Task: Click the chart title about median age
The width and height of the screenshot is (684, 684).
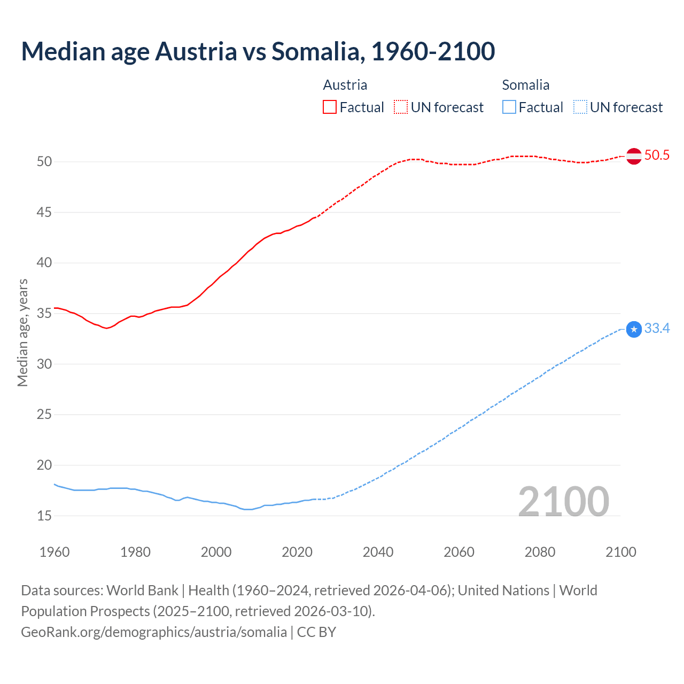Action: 258,51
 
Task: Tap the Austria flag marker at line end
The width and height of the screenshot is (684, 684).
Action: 634,156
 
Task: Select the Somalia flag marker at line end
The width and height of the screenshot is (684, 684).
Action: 634,329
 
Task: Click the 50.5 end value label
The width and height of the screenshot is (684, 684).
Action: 657,156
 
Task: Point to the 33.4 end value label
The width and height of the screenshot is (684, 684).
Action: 657,329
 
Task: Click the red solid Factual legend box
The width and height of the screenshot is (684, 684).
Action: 330,107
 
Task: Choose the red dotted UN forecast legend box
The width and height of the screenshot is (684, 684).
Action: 401,107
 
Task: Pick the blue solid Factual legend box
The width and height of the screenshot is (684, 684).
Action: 509,107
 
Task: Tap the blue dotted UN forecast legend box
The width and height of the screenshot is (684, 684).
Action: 580,107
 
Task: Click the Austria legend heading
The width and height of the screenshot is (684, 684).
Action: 345,85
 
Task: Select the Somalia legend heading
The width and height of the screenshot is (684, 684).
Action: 525,85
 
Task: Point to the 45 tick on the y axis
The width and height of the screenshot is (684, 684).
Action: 44,213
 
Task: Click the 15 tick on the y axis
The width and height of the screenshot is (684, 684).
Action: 44,516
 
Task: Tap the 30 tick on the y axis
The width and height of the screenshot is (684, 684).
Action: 44,364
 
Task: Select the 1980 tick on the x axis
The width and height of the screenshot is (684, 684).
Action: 135,552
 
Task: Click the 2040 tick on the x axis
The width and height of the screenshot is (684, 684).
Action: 378,552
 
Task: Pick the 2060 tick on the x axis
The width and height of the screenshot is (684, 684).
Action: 459,552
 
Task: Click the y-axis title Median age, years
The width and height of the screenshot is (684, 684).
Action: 22,332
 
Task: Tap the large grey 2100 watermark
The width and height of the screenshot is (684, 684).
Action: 564,501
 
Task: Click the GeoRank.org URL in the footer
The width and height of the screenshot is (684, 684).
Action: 154,632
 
